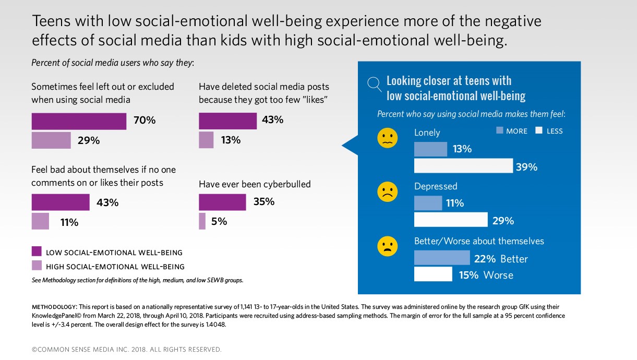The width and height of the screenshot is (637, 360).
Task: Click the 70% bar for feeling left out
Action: click(x=79, y=121)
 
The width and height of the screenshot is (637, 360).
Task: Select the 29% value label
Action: click(x=89, y=141)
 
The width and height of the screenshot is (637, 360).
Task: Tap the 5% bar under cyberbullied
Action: click(x=202, y=221)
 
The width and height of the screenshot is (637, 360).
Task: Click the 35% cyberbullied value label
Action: click(x=264, y=202)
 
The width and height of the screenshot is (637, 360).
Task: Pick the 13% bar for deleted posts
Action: click(x=206, y=140)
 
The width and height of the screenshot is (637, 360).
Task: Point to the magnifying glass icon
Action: click(x=374, y=83)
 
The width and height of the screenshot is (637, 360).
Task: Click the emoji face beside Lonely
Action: click(x=387, y=138)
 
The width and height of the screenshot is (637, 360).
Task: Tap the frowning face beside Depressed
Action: click(x=387, y=192)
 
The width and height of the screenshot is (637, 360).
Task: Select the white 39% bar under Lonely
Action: click(x=463, y=166)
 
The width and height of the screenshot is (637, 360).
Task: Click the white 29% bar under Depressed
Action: click(x=451, y=220)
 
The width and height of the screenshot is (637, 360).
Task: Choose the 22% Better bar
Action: click(x=442, y=258)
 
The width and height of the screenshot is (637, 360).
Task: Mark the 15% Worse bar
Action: click(x=433, y=274)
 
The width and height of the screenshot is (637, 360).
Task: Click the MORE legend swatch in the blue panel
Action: click(x=499, y=130)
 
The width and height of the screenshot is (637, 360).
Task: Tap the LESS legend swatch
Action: click(x=539, y=130)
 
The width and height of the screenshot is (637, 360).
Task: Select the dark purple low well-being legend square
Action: click(x=37, y=251)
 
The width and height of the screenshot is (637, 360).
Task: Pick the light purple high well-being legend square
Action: click(x=37, y=266)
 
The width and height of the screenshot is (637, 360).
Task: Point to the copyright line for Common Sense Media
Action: click(x=127, y=349)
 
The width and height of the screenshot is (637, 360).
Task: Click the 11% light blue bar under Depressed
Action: click(x=428, y=202)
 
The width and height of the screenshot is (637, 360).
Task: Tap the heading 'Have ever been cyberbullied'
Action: click(x=255, y=184)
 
